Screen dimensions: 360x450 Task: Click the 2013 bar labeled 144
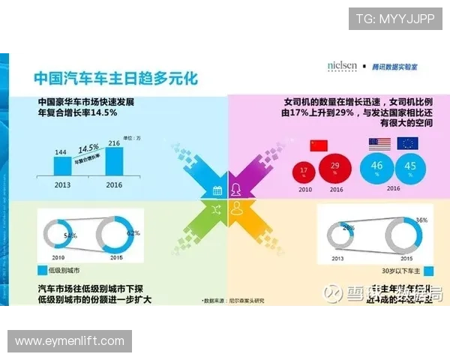coord(61,166)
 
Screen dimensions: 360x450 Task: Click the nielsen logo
coord(342,65)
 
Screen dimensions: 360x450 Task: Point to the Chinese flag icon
coord(319,145)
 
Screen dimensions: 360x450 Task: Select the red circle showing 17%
coord(304,172)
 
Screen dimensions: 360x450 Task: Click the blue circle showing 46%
coord(377,167)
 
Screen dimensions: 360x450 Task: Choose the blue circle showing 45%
coord(409,167)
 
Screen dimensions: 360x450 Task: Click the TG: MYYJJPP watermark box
coord(395,18)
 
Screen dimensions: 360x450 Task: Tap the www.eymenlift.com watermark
coord(69,341)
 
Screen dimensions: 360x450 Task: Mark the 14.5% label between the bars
coord(89,148)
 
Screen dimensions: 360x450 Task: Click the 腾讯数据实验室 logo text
coord(398,66)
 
